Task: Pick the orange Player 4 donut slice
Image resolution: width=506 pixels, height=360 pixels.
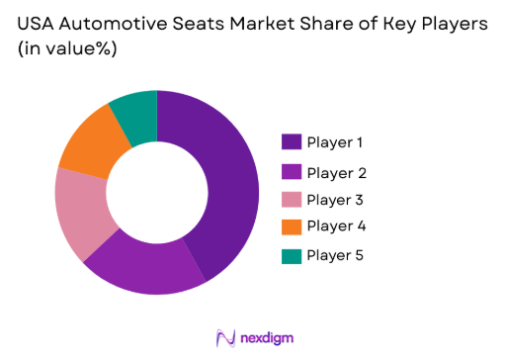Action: [92, 141]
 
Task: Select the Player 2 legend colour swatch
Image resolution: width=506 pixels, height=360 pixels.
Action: [292, 173]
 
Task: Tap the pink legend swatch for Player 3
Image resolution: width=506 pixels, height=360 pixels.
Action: [292, 200]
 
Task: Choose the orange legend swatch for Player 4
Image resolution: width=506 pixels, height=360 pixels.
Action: [292, 227]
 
